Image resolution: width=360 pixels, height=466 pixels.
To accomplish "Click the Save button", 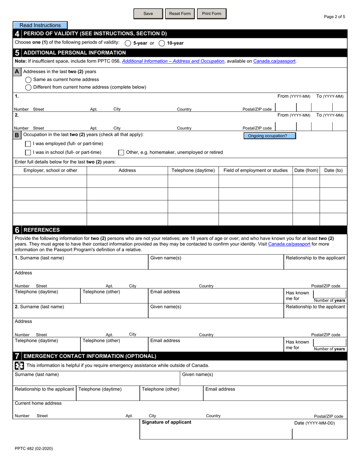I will pos(148,14).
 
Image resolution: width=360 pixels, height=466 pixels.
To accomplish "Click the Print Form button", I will pos(211,14).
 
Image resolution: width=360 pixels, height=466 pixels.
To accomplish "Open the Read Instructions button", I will pos(40,25).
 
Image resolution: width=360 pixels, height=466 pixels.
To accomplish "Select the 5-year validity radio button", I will pos(128,43).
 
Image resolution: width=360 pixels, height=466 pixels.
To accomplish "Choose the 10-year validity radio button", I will pos(162,43).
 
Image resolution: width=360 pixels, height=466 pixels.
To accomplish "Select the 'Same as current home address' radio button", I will pos(28,80).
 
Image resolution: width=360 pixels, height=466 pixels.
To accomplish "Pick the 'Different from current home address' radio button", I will pos(28,87).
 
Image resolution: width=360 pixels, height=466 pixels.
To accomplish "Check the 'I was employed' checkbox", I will pos(28,144).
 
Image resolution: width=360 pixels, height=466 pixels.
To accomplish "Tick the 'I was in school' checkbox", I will pos(28,152).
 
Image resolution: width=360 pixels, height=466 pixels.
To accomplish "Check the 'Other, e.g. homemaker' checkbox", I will pos(121,152).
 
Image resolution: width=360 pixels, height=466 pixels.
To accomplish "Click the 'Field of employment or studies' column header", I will pos(255,170).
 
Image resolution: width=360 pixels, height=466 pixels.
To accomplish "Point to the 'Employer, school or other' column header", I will pos(50,170).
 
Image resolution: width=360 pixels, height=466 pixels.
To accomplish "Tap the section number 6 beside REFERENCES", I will pos(17,230).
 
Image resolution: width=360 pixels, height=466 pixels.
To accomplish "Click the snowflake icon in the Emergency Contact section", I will pos(19,365).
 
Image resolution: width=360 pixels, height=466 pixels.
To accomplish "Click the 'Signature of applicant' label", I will pos(166,422).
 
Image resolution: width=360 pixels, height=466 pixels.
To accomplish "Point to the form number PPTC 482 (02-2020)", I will pos(34,449).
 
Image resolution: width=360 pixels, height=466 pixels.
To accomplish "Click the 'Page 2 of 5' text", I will pos(334,17).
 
